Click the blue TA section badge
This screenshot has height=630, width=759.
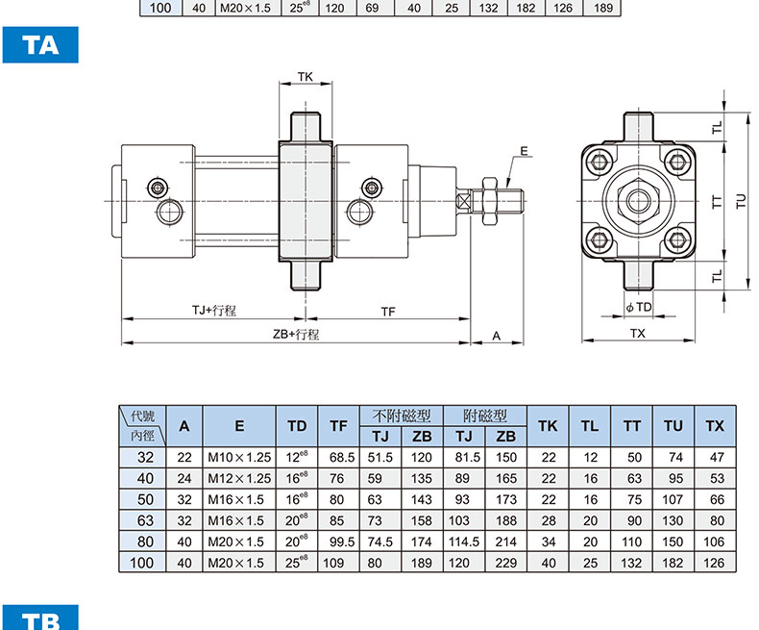40,45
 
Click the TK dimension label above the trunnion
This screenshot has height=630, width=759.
305,77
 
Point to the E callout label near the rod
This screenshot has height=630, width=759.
525,151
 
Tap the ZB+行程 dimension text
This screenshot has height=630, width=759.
296,335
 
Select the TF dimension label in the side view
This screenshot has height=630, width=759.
388,312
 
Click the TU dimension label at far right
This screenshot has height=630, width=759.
742,201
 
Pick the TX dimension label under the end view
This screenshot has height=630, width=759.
638,334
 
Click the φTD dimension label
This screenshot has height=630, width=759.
639,307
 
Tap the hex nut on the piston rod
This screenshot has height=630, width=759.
490,201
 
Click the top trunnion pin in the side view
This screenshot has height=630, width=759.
306,127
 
